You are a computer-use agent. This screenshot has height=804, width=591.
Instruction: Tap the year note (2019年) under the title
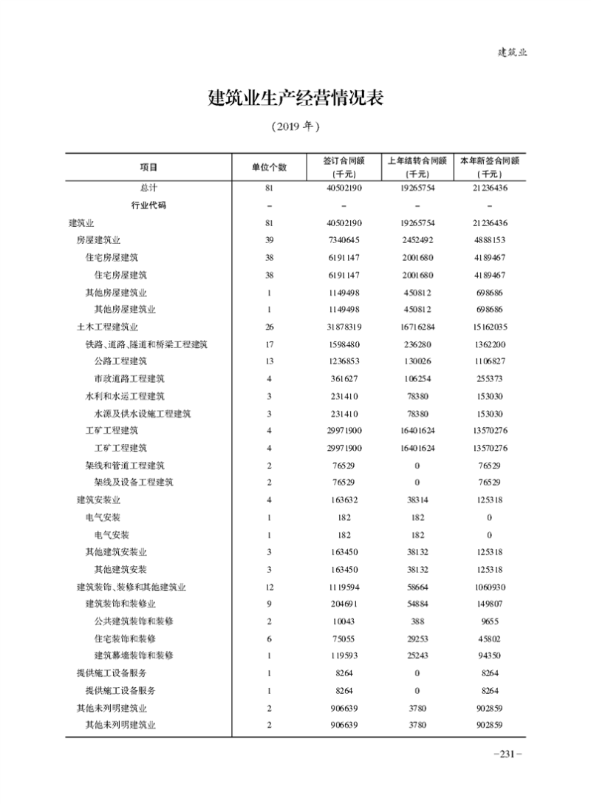(x=295, y=126)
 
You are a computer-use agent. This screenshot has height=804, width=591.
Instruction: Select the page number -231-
(x=507, y=754)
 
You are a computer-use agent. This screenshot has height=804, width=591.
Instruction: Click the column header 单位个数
(x=270, y=167)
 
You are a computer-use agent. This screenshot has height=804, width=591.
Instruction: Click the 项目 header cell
(x=148, y=167)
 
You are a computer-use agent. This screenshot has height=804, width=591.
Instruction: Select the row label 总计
(x=148, y=188)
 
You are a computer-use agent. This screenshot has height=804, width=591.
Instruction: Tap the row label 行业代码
(x=148, y=205)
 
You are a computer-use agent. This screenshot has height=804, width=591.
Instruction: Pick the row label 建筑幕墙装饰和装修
(x=134, y=655)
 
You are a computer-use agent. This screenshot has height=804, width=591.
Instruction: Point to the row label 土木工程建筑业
(x=108, y=326)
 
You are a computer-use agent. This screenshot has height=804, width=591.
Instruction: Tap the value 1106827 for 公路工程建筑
(x=490, y=361)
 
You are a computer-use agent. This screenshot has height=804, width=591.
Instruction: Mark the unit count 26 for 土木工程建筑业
(x=270, y=326)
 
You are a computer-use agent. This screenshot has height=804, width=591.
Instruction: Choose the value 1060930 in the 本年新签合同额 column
(x=490, y=587)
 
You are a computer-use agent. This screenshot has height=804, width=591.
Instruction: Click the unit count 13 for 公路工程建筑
(x=270, y=361)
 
